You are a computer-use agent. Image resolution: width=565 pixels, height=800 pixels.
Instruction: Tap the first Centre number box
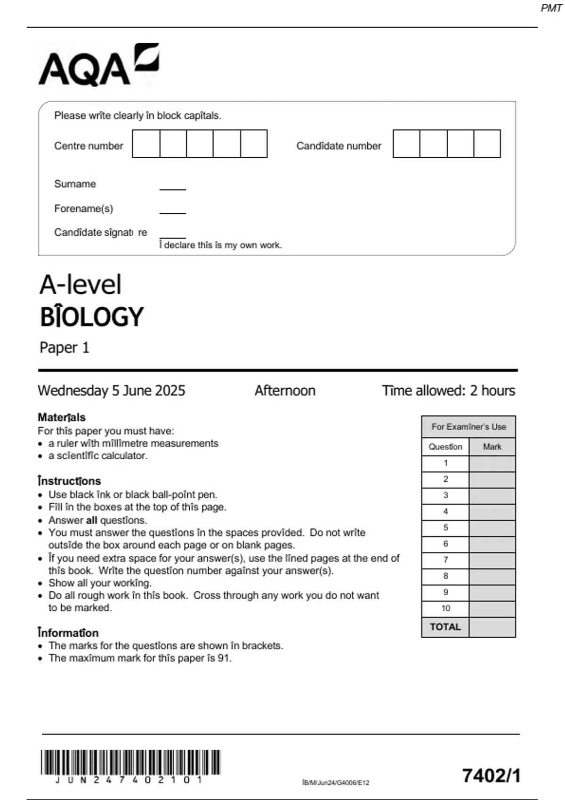146,144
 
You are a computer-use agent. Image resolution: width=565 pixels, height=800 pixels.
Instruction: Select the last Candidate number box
487,144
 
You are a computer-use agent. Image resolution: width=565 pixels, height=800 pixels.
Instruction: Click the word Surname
75,184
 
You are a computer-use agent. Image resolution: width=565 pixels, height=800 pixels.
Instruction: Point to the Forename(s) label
83,208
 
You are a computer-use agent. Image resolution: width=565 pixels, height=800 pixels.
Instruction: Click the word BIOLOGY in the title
91,317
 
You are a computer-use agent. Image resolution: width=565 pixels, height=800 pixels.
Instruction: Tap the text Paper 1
64,348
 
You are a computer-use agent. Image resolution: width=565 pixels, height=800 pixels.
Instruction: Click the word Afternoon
285,391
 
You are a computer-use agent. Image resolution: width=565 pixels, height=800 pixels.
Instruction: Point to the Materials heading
61,417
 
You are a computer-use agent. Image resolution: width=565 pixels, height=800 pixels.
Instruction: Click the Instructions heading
69,481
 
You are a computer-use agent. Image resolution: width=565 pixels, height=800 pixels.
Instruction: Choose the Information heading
68,633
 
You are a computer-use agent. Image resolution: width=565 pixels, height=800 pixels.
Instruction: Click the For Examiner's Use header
468,427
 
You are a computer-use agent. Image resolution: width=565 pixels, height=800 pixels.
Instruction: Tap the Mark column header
492,447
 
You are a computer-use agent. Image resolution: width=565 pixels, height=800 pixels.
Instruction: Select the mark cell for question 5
492,528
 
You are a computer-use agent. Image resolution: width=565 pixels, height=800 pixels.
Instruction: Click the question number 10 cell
445,608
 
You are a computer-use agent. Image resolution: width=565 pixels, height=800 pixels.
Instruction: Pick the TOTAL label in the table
445,627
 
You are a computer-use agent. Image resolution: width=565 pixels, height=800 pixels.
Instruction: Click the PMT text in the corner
551,8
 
